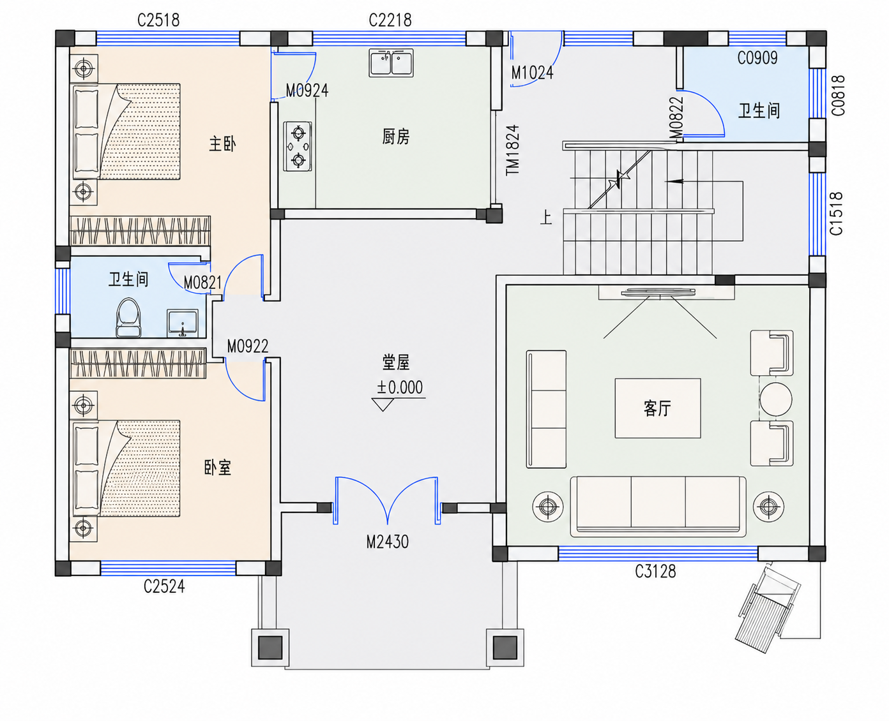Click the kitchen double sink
(391, 63)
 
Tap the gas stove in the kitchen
(298, 146)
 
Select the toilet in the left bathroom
(128, 317)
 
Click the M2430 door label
(387, 542)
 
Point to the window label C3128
(655, 571)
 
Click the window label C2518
(158, 20)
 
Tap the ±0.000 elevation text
(399, 387)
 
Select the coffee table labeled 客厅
(658, 408)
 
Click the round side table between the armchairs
(775, 399)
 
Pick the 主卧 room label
(222, 144)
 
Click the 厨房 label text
(396, 137)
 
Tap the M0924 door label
(307, 91)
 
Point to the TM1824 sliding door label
(513, 150)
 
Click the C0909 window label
(757, 58)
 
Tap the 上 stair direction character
(546, 218)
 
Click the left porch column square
(270, 648)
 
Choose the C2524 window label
(164, 587)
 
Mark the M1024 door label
(532, 73)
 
